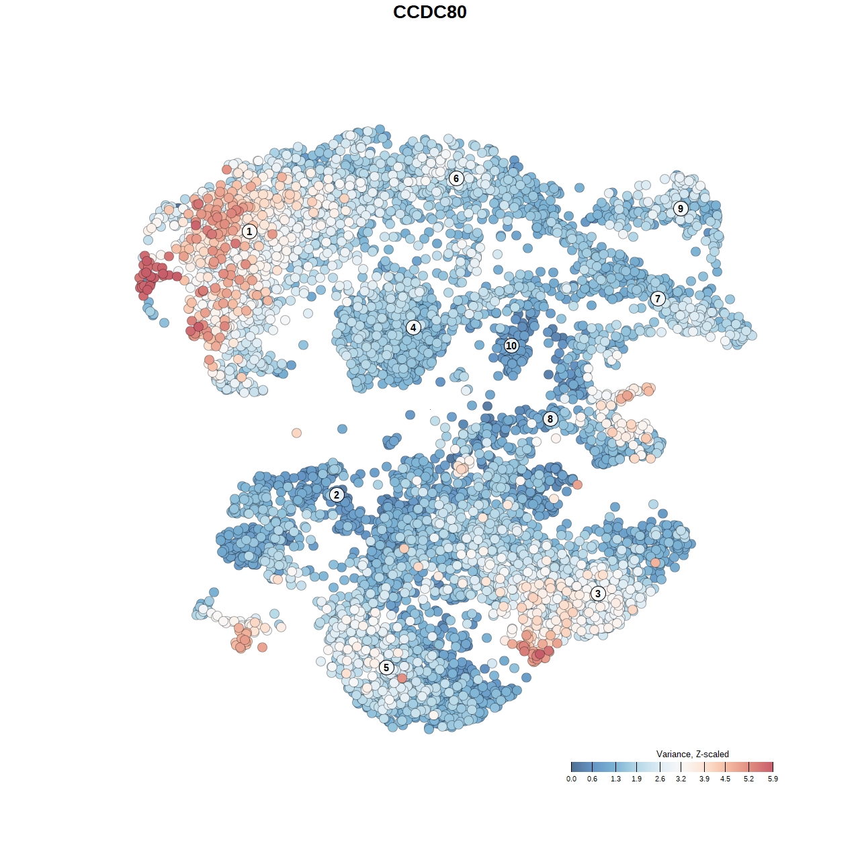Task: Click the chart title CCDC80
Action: tap(429, 12)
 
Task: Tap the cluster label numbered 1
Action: tap(249, 231)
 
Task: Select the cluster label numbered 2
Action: tap(337, 495)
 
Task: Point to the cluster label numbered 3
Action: tap(598, 593)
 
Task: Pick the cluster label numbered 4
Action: tap(413, 328)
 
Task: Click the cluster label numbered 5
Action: tap(386, 667)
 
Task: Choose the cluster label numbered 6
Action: tap(456, 178)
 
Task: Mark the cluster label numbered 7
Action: tap(658, 298)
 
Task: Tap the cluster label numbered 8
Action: tap(550, 419)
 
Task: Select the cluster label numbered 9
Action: tap(681, 208)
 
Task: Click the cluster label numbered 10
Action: tap(511, 345)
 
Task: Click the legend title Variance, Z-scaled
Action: tap(692, 754)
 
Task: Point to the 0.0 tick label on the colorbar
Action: tap(571, 779)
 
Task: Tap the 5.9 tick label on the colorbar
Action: tap(773, 779)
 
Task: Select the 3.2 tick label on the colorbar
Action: tap(681, 779)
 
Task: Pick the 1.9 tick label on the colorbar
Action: tap(636, 779)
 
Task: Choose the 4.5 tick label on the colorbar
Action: tap(726, 779)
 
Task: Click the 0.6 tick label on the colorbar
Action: tap(592, 779)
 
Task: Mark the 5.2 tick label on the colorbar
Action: tap(748, 779)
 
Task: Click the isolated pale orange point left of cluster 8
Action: tap(296, 433)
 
